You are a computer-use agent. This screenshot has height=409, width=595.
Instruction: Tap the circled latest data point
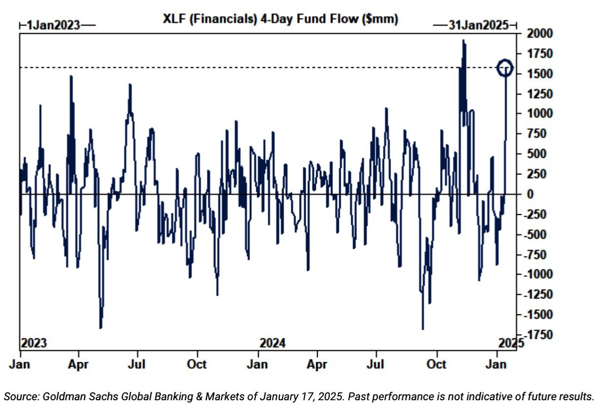(x=505, y=68)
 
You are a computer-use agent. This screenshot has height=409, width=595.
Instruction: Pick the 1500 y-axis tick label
(x=536, y=74)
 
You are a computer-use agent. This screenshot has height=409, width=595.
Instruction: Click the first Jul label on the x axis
(x=138, y=364)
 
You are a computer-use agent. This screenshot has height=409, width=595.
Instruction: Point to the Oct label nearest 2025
(x=437, y=364)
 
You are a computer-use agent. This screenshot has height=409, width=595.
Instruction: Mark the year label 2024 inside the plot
(x=272, y=343)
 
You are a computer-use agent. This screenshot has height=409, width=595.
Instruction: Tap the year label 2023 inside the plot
(x=34, y=343)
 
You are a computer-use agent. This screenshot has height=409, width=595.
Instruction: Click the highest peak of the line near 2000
(x=463, y=40)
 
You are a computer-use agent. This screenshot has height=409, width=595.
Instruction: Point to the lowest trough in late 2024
(x=422, y=329)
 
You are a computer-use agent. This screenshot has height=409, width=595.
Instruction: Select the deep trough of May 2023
(x=100, y=328)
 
